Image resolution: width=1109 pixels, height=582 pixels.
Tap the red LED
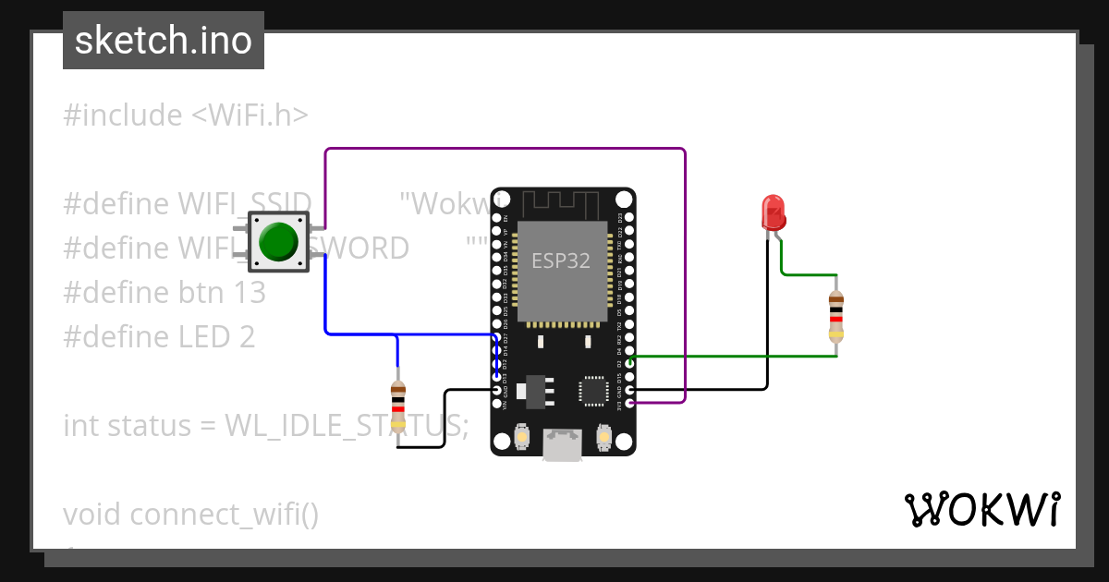[x=773, y=212]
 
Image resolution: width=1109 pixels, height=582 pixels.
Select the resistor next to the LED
[x=836, y=314]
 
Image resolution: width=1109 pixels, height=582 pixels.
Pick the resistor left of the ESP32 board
[x=398, y=406]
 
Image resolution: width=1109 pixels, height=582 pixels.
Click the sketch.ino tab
[x=164, y=41]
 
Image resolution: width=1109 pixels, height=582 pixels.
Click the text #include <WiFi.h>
[x=186, y=115]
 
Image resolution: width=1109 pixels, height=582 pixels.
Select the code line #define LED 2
[x=159, y=337]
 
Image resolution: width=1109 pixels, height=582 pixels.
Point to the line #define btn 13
[x=165, y=293]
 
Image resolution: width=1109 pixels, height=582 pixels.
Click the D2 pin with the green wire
[x=629, y=361]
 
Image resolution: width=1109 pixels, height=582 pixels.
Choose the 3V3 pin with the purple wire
[x=629, y=403]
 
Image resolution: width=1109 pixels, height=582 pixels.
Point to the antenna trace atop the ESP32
[x=562, y=203]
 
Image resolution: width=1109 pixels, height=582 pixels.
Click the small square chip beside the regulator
[x=592, y=390]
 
